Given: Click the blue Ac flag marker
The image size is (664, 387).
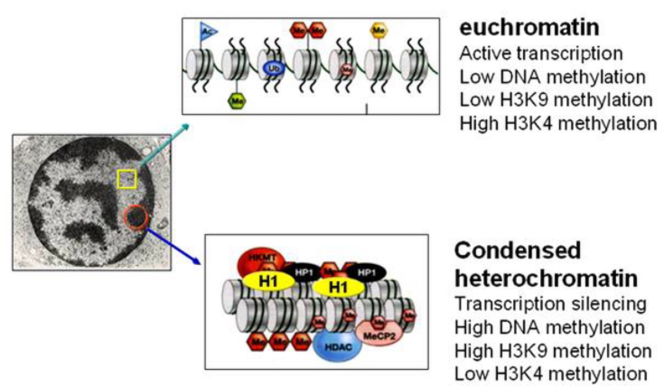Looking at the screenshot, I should tap(209, 32).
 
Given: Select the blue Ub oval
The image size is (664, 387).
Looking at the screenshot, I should tap(271, 68).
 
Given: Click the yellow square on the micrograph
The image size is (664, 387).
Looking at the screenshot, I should tap(127, 178).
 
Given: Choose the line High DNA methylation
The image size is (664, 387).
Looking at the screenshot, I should tap(550, 326).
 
